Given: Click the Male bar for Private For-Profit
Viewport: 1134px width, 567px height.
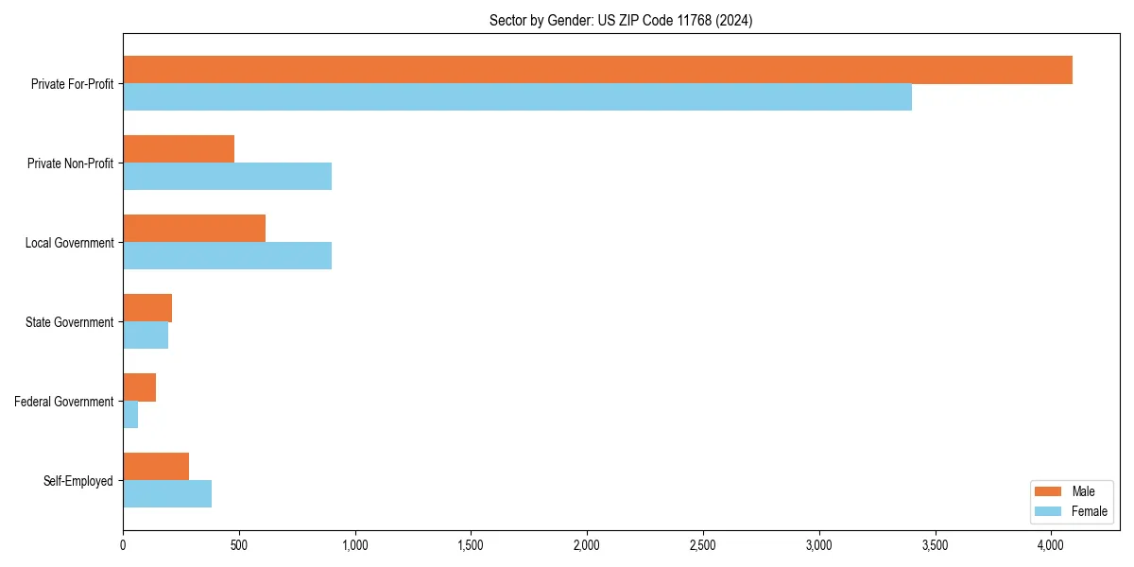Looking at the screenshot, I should coord(597,70).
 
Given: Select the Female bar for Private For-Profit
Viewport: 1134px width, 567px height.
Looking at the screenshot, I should coord(517,97).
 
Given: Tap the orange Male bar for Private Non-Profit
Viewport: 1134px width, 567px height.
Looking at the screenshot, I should coord(179,149).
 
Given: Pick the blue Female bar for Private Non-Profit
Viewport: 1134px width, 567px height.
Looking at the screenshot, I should coord(227,177).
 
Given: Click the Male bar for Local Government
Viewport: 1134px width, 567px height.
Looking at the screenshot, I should coord(194,229).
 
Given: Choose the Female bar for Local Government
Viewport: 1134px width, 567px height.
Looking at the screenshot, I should coord(227,256).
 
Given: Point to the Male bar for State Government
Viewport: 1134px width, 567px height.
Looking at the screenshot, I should coord(147,308).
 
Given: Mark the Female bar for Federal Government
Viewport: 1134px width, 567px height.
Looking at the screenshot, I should coord(130,415).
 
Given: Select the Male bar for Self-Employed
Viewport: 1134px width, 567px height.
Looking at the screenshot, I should coord(156,467).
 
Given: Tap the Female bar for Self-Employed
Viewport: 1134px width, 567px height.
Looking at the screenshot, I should coord(167,494).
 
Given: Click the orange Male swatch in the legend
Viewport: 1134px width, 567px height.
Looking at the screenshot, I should coord(1049,491).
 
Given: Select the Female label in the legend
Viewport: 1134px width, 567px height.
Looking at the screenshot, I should coord(1090,511).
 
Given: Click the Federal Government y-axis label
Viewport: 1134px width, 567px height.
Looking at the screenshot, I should coord(64,402).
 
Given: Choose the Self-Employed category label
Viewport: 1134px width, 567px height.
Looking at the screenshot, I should coord(78,481).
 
